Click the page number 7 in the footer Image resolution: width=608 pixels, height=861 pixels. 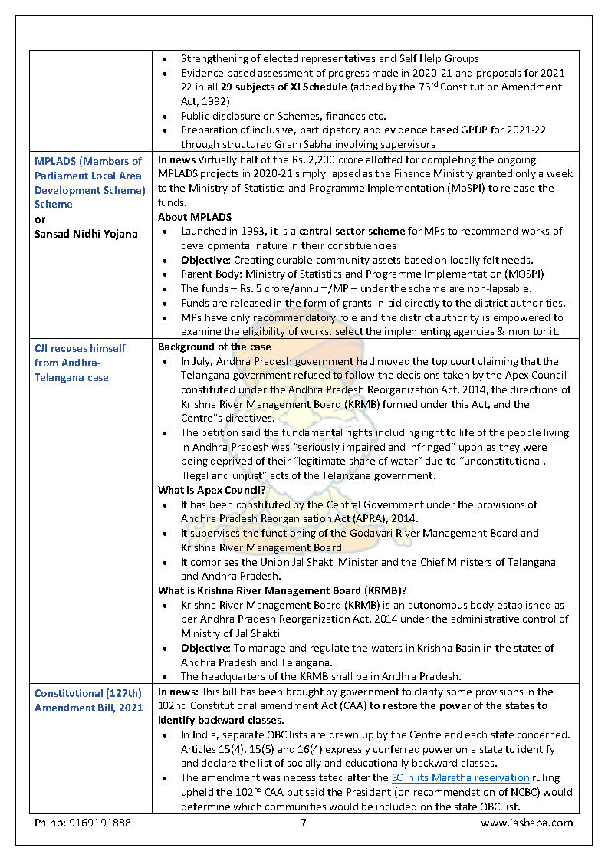pos(304,823)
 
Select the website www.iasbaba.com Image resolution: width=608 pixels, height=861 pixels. pos(527,823)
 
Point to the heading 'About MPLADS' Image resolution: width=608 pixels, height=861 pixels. pos(195,217)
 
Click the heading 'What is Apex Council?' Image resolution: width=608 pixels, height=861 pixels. pos(212,491)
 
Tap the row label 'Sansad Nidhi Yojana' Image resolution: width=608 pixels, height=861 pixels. pos(86,234)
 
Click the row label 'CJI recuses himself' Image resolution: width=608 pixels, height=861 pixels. pos(80,348)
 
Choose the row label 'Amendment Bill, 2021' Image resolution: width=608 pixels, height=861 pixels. pos(88,707)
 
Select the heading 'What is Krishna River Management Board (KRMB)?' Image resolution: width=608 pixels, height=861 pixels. pos(282,591)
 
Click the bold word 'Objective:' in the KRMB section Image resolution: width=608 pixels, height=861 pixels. pos(205,648)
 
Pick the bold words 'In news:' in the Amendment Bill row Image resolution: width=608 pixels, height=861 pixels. pos(178,692)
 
